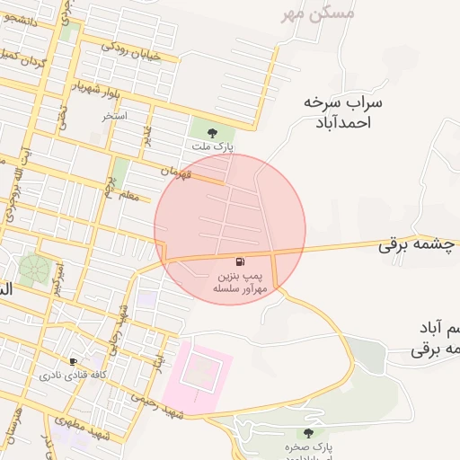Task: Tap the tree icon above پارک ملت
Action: [212, 133]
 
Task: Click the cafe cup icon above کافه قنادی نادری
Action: [73, 361]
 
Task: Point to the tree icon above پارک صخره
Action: [308, 433]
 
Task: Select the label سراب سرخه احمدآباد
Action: [343, 112]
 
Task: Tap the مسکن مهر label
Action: [317, 13]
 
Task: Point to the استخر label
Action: [115, 117]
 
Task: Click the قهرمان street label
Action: [177, 171]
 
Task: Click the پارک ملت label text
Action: [212, 146]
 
